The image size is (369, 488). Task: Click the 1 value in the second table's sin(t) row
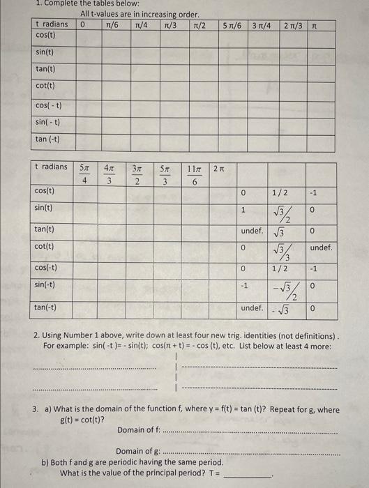coord(243,209)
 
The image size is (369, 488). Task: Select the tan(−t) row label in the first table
coord(47,139)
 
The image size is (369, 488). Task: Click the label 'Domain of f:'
coord(140,429)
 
